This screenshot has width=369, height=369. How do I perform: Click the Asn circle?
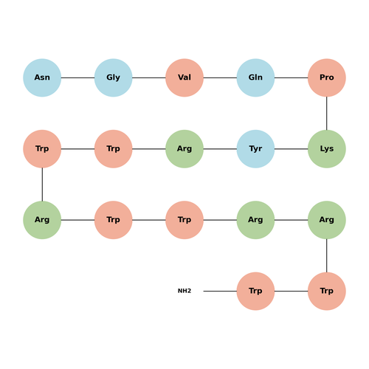tap(42, 77)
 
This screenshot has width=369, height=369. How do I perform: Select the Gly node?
tap(113, 77)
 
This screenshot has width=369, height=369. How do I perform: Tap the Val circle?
tap(184, 77)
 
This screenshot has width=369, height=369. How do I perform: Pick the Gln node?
tap(255, 77)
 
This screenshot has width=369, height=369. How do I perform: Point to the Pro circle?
tap(327, 77)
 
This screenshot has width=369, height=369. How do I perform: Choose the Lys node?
tap(327, 149)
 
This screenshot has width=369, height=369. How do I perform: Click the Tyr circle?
tap(255, 149)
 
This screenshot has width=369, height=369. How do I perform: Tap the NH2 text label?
tap(184, 291)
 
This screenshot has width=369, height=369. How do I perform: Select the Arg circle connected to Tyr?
tap(184, 149)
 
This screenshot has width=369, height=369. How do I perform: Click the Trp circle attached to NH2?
tap(255, 291)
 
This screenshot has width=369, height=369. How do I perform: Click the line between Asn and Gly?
tap(77, 77)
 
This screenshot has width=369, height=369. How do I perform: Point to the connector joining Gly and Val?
tap(149, 77)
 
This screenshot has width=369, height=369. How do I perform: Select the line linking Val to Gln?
tap(220, 77)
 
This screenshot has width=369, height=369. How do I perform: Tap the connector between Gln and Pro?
tap(292, 77)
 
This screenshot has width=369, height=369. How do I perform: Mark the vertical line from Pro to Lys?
tap(327, 113)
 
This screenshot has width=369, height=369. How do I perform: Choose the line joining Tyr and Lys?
tap(292, 149)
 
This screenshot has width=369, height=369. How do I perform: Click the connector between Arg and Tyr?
tap(220, 149)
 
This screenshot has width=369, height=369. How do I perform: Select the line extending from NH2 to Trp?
tap(220, 291)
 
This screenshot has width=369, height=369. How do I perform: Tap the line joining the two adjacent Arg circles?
tap(292, 220)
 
